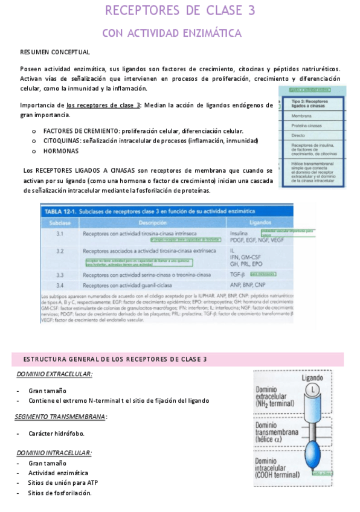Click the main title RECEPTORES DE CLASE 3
pos(180,11)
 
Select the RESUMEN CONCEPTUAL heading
pos(55,53)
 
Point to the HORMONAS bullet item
pos(60,150)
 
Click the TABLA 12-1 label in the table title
pos(63,212)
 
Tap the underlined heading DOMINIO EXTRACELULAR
pos(54,374)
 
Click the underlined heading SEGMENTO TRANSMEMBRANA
pos(60,417)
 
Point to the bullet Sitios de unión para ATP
pos(63,482)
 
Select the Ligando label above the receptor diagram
pos(312,378)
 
